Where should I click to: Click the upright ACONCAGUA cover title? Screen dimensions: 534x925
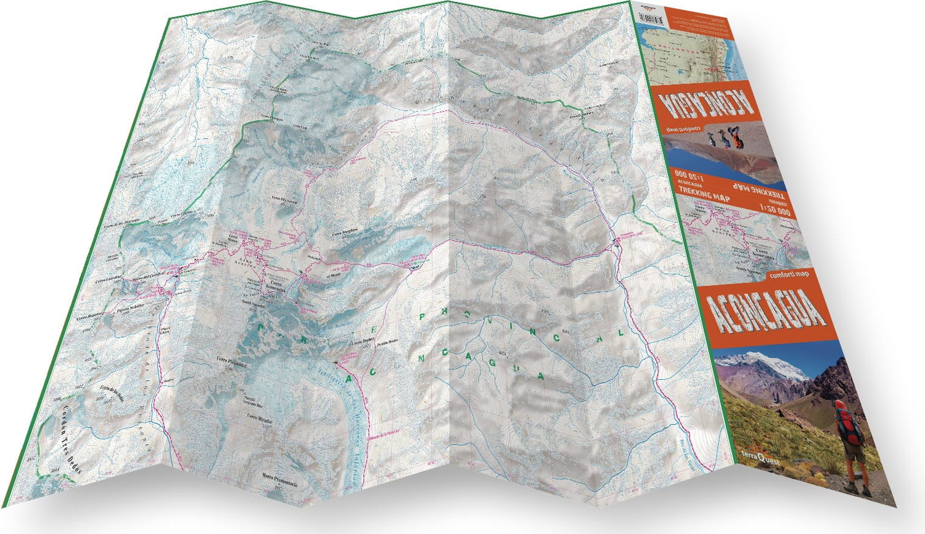pos(768,311)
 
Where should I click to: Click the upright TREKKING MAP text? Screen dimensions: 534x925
pos(704,197)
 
